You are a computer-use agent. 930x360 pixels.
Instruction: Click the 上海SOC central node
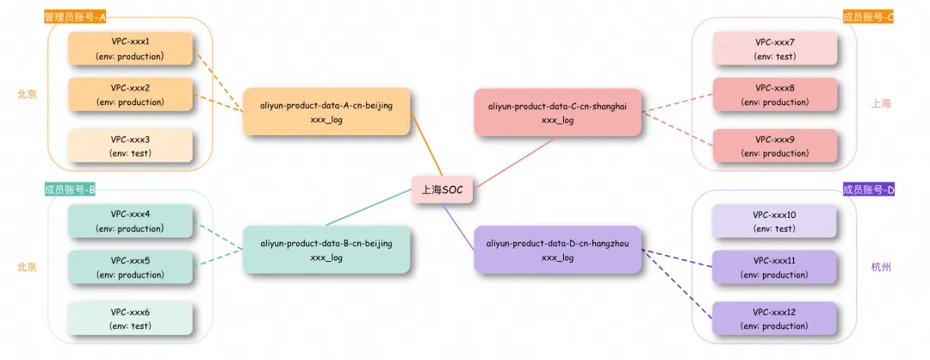coord(443,189)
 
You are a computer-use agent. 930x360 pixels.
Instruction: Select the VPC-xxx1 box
coord(131,48)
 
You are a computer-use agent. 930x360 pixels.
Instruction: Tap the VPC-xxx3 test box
coord(131,146)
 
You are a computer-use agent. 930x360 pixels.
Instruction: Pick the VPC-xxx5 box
coord(131,267)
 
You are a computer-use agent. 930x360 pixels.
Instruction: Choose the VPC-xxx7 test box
coord(774,48)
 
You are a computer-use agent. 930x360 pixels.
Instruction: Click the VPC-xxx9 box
coord(774,146)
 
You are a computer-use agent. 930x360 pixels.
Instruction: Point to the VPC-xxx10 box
coord(774,221)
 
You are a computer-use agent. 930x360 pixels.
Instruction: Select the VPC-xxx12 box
coord(774,319)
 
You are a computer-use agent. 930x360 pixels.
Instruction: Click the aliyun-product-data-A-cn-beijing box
coord(326,112)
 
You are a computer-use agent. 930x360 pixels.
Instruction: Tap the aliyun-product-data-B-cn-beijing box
coord(326,250)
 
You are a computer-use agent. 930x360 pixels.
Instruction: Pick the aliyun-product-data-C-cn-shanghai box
coord(557,112)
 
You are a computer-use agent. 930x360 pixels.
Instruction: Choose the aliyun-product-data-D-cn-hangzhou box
coord(557,250)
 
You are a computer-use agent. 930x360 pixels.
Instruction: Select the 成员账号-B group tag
coord(70,189)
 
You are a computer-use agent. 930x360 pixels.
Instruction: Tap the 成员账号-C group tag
coord(868,17)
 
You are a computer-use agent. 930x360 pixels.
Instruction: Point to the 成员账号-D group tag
coord(868,189)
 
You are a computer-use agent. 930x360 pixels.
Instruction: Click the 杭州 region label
coord(880,268)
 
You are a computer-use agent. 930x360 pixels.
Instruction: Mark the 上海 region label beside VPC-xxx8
coord(880,103)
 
